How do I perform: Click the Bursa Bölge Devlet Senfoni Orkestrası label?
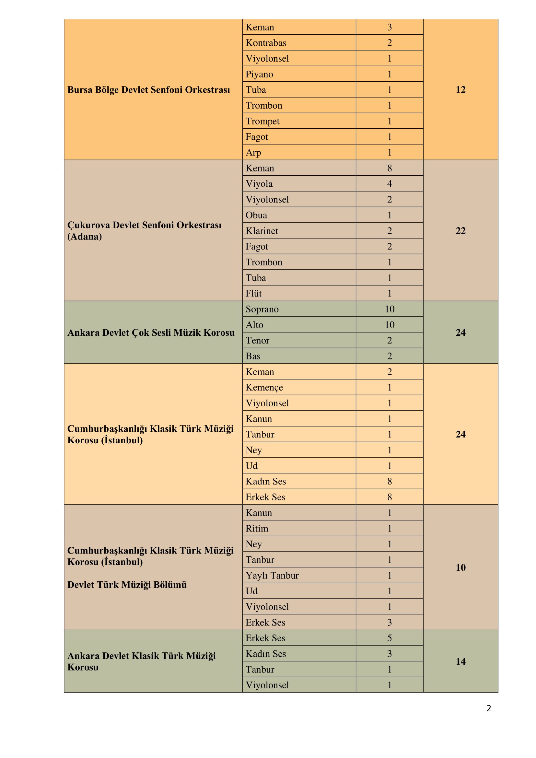(148, 90)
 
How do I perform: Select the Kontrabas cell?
(266, 43)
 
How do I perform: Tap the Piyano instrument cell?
(260, 74)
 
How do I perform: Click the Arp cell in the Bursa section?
(253, 153)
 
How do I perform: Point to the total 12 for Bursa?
(460, 90)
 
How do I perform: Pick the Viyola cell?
(259, 184)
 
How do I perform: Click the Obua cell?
(256, 215)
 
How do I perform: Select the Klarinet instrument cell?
(262, 231)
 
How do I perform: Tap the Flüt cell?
(253, 294)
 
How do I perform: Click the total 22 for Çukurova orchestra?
(460, 231)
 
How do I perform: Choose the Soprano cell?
(262, 309)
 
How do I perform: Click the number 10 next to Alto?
(390, 325)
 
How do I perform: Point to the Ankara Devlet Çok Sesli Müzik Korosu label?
(151, 332)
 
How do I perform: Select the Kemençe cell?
(264, 388)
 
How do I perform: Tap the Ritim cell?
(257, 529)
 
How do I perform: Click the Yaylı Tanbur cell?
(272, 576)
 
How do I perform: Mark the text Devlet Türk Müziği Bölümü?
(127, 585)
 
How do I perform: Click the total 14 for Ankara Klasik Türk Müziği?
(460, 662)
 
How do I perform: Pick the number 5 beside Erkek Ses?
(390, 638)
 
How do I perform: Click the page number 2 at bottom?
(488, 708)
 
